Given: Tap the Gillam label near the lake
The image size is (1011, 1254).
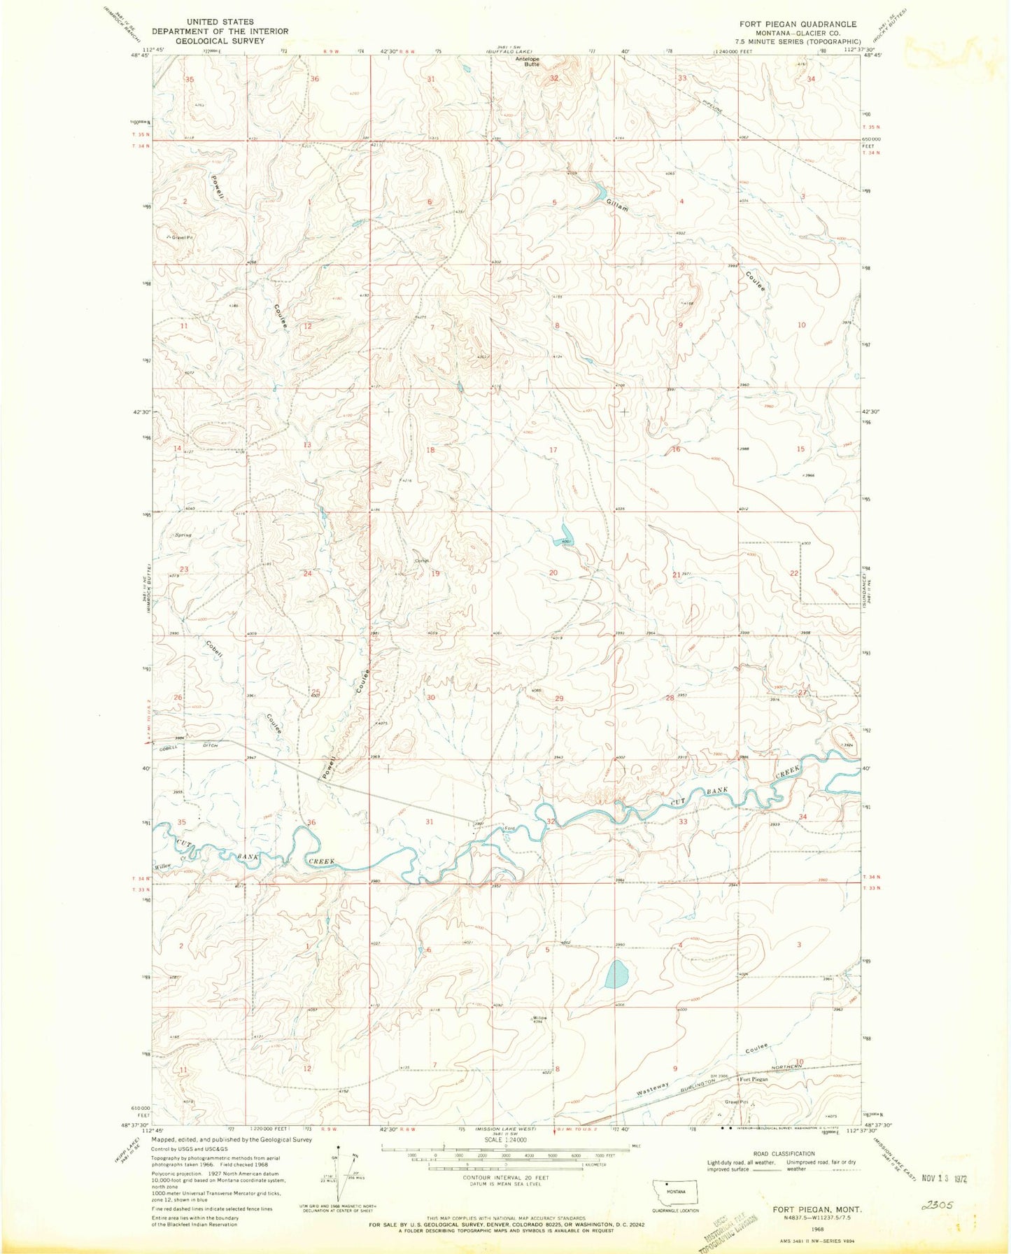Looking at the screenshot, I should click(x=618, y=205).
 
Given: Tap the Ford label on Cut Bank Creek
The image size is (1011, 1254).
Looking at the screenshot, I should click(x=511, y=829).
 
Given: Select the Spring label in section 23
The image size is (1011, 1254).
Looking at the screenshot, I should click(x=183, y=535).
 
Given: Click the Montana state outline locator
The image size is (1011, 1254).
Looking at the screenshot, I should click(x=675, y=1191).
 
